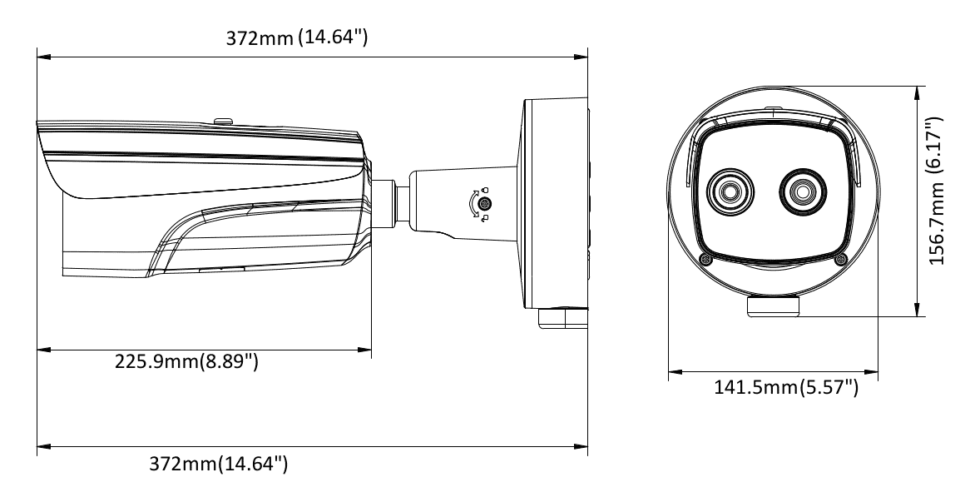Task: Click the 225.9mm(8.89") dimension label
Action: [186, 362]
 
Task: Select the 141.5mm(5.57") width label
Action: [786, 387]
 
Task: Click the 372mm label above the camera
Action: [297, 38]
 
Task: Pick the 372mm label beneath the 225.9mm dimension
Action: [219, 463]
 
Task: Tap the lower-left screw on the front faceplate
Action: [705, 260]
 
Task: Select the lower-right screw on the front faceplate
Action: [839, 260]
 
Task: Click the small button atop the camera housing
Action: [223, 120]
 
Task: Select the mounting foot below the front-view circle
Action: [774, 306]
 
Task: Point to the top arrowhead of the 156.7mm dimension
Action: [918, 90]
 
